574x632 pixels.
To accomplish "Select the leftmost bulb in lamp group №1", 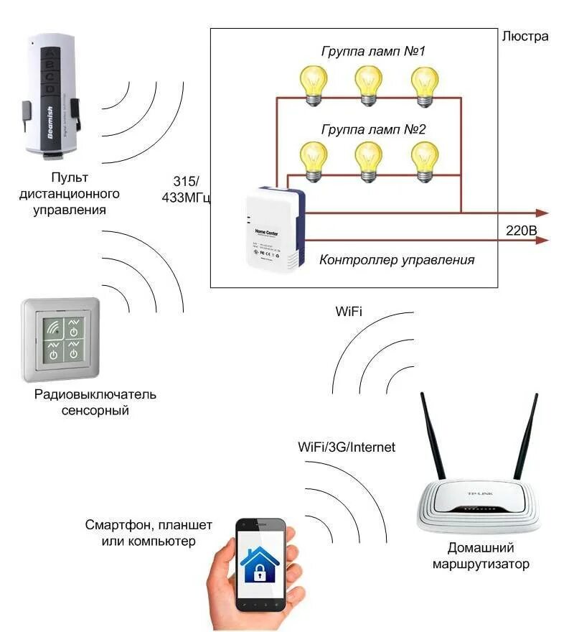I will [x=313, y=84].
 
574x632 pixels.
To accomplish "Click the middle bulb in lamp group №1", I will [x=369, y=84].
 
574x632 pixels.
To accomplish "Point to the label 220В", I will [x=521, y=230].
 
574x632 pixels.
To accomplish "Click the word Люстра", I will [x=526, y=37].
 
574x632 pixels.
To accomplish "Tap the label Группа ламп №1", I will [x=373, y=52].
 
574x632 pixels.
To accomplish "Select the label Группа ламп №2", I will [x=373, y=130].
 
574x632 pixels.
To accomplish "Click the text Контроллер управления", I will [x=397, y=260].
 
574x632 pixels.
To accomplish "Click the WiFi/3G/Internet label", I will [x=347, y=447].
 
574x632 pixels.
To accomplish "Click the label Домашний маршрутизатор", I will [x=481, y=555].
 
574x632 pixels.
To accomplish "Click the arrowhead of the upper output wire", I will [x=543, y=213].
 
